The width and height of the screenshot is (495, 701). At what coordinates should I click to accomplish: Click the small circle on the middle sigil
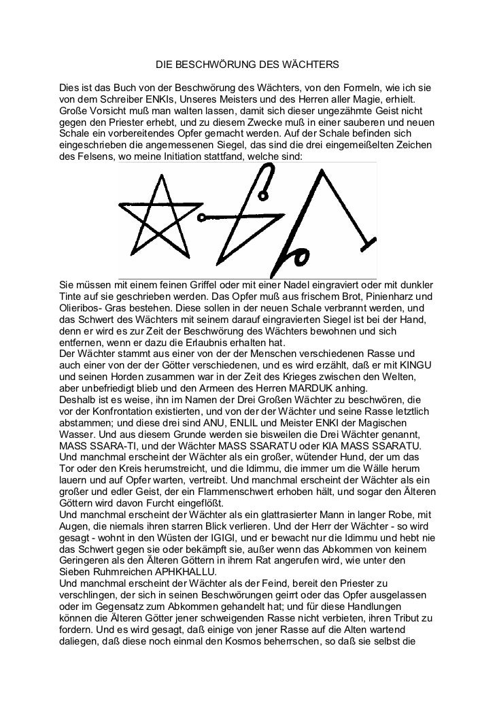202,217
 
